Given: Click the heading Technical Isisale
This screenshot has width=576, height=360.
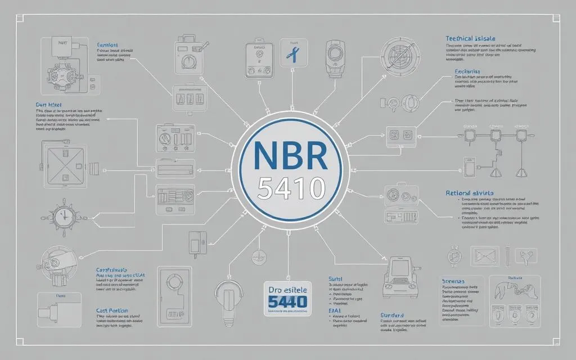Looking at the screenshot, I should tap(467, 38).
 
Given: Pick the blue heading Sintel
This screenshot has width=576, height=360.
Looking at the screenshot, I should tap(335, 278).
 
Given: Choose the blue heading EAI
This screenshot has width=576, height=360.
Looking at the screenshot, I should tap(332, 310).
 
